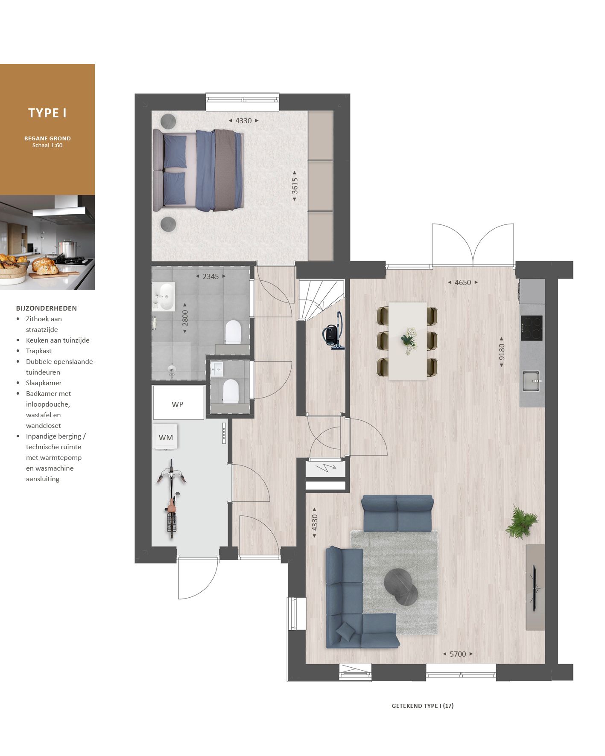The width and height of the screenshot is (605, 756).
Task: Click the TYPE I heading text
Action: tap(47, 113)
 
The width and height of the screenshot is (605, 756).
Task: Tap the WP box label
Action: tap(178, 404)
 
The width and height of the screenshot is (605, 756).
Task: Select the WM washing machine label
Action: tap(166, 438)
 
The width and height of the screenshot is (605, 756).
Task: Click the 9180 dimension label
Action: tap(502, 352)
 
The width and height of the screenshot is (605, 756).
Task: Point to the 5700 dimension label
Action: tap(458, 654)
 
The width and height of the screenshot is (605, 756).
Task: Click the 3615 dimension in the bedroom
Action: tap(295, 186)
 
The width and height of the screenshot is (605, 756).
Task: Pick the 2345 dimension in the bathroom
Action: tap(210, 276)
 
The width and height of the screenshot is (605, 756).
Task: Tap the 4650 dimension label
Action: tap(463, 282)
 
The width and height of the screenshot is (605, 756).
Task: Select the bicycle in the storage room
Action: tap(172, 498)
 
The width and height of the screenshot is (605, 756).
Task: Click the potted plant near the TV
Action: tap(522, 522)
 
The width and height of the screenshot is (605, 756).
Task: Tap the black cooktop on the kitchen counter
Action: tap(532, 328)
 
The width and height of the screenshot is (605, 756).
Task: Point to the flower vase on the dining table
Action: tap(409, 340)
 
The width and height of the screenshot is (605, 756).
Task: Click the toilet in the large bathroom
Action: tap(233, 332)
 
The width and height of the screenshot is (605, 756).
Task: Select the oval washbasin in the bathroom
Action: tap(165, 296)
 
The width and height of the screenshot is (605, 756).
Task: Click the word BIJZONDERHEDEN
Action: tap(47, 308)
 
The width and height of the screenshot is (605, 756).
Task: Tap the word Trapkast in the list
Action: tap(39, 351)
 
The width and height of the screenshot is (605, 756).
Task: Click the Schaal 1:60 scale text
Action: tap(47, 145)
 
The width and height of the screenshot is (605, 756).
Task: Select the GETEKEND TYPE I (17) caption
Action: tap(423, 706)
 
